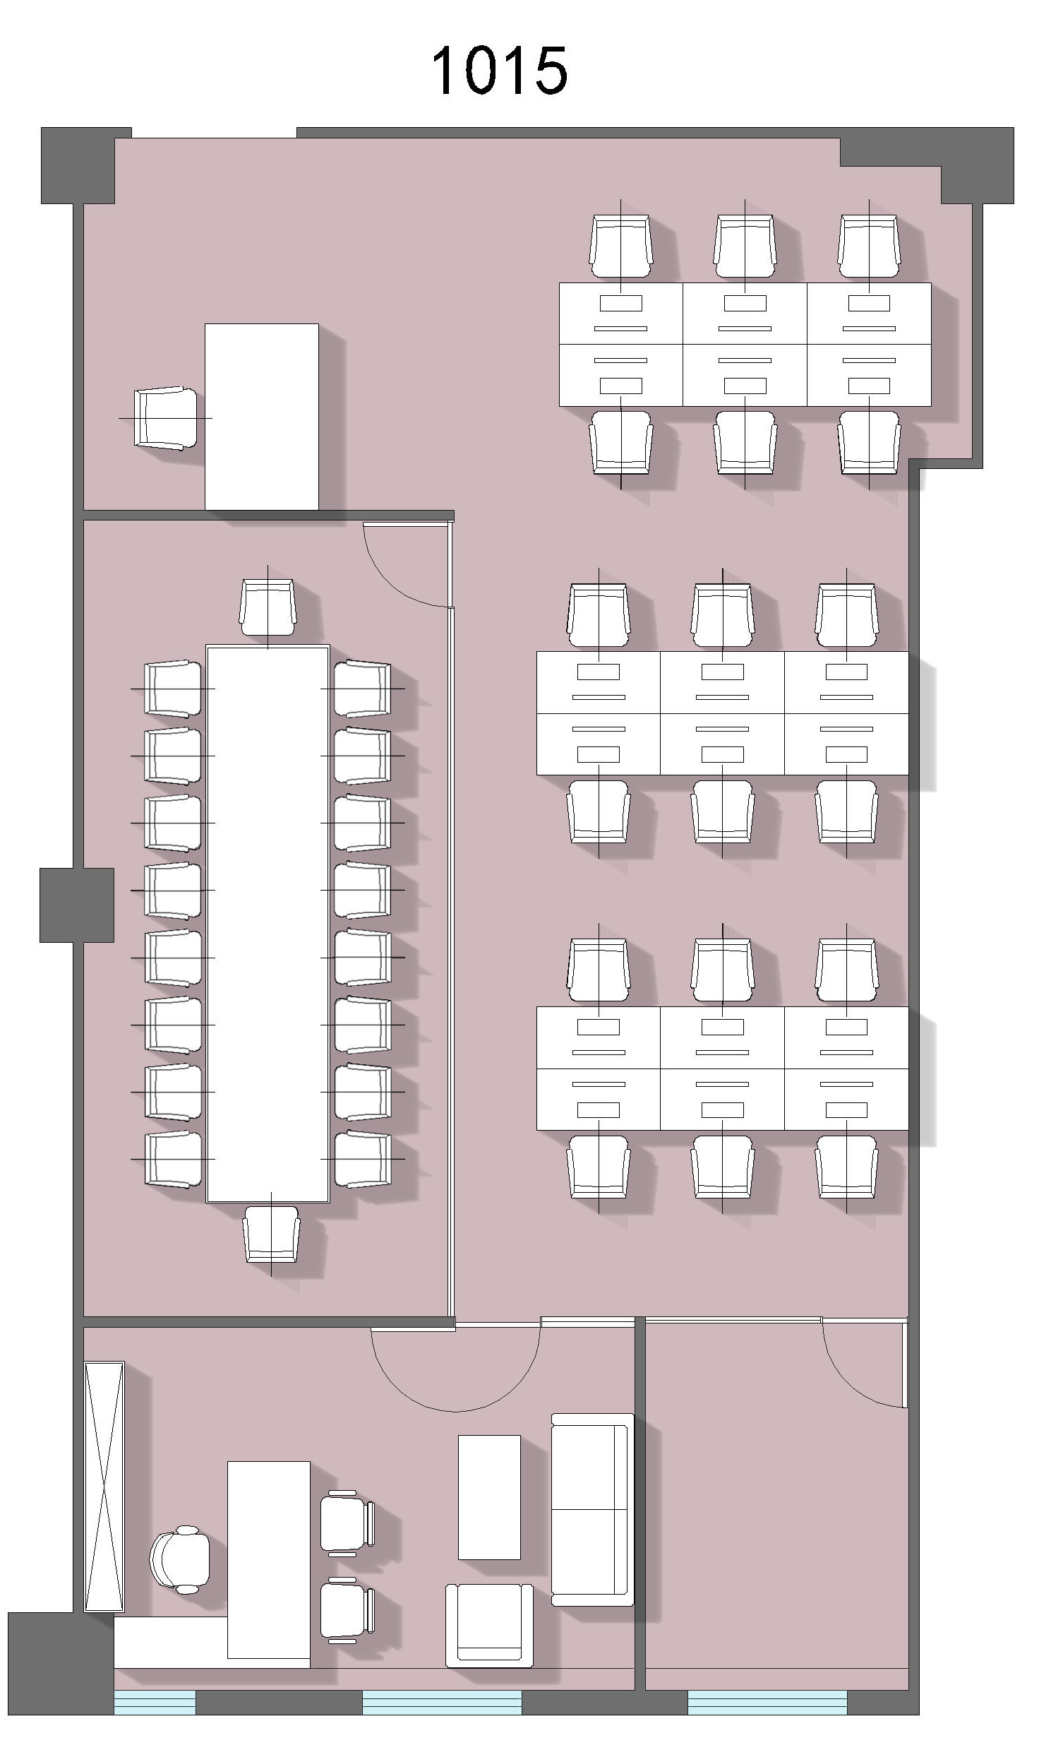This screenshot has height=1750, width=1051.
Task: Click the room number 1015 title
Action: click(499, 70)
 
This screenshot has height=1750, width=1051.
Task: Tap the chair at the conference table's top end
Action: click(268, 607)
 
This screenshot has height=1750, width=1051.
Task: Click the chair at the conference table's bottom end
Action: click(271, 1235)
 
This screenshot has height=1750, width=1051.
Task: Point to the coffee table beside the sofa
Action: click(489, 1497)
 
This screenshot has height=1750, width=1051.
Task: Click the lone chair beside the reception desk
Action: click(166, 418)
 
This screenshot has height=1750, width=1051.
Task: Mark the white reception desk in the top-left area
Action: click(261, 417)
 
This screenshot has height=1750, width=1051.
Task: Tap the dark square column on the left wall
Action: click(76, 905)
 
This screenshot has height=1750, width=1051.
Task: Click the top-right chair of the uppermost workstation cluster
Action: click(869, 246)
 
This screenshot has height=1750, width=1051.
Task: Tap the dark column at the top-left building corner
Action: click(78, 166)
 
